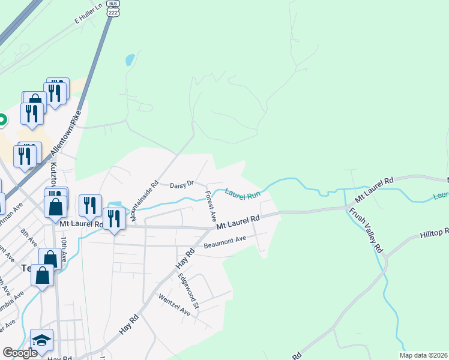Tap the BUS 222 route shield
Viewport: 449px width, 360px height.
pos(112,8)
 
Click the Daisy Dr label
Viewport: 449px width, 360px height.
pos(182,184)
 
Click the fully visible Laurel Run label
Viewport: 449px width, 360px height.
pos(243,194)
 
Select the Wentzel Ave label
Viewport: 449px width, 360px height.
pos(174,305)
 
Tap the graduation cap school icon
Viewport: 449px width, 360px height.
pos(41,340)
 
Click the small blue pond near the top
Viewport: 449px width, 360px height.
pos(129,60)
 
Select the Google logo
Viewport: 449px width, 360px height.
pos(20,353)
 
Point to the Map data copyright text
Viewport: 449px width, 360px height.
pos(424,355)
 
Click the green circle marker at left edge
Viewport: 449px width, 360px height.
pos(2,119)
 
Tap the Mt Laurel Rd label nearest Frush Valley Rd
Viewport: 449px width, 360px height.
pos(373,190)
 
